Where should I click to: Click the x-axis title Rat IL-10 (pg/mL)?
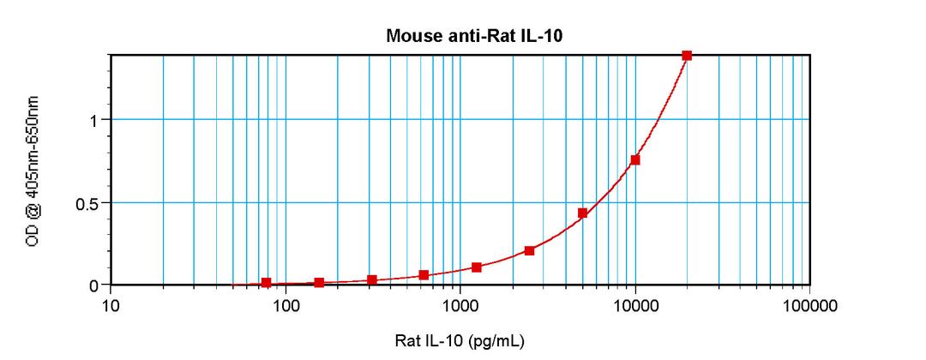click(x=460, y=340)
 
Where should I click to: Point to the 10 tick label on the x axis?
click(x=111, y=306)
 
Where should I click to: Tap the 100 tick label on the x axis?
click(x=286, y=306)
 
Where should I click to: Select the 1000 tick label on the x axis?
click(x=460, y=306)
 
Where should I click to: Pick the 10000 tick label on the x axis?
click(x=635, y=306)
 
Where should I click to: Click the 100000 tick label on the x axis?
click(x=810, y=306)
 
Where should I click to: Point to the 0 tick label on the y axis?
click(x=95, y=285)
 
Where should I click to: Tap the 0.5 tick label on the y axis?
click(x=89, y=203)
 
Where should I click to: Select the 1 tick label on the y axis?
click(x=95, y=120)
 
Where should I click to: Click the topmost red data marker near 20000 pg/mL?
click(x=687, y=55)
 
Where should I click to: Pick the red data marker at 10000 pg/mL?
click(x=635, y=160)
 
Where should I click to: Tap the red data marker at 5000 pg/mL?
click(x=582, y=213)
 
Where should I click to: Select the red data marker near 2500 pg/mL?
click(x=530, y=251)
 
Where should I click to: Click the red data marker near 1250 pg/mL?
click(x=477, y=267)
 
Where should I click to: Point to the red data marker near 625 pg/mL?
click(x=424, y=275)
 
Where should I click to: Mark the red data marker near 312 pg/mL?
click(x=371, y=280)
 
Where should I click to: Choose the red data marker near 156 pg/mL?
click(x=319, y=283)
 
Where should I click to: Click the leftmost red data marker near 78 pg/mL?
click(x=266, y=283)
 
